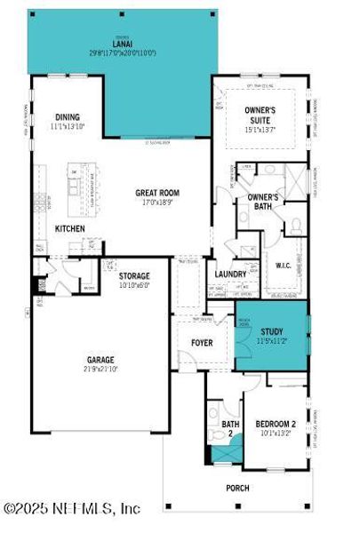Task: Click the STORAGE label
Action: [x=134, y=276]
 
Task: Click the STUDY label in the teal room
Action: [x=271, y=331]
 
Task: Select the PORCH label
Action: [x=236, y=488]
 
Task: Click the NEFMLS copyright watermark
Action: [x=71, y=509]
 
